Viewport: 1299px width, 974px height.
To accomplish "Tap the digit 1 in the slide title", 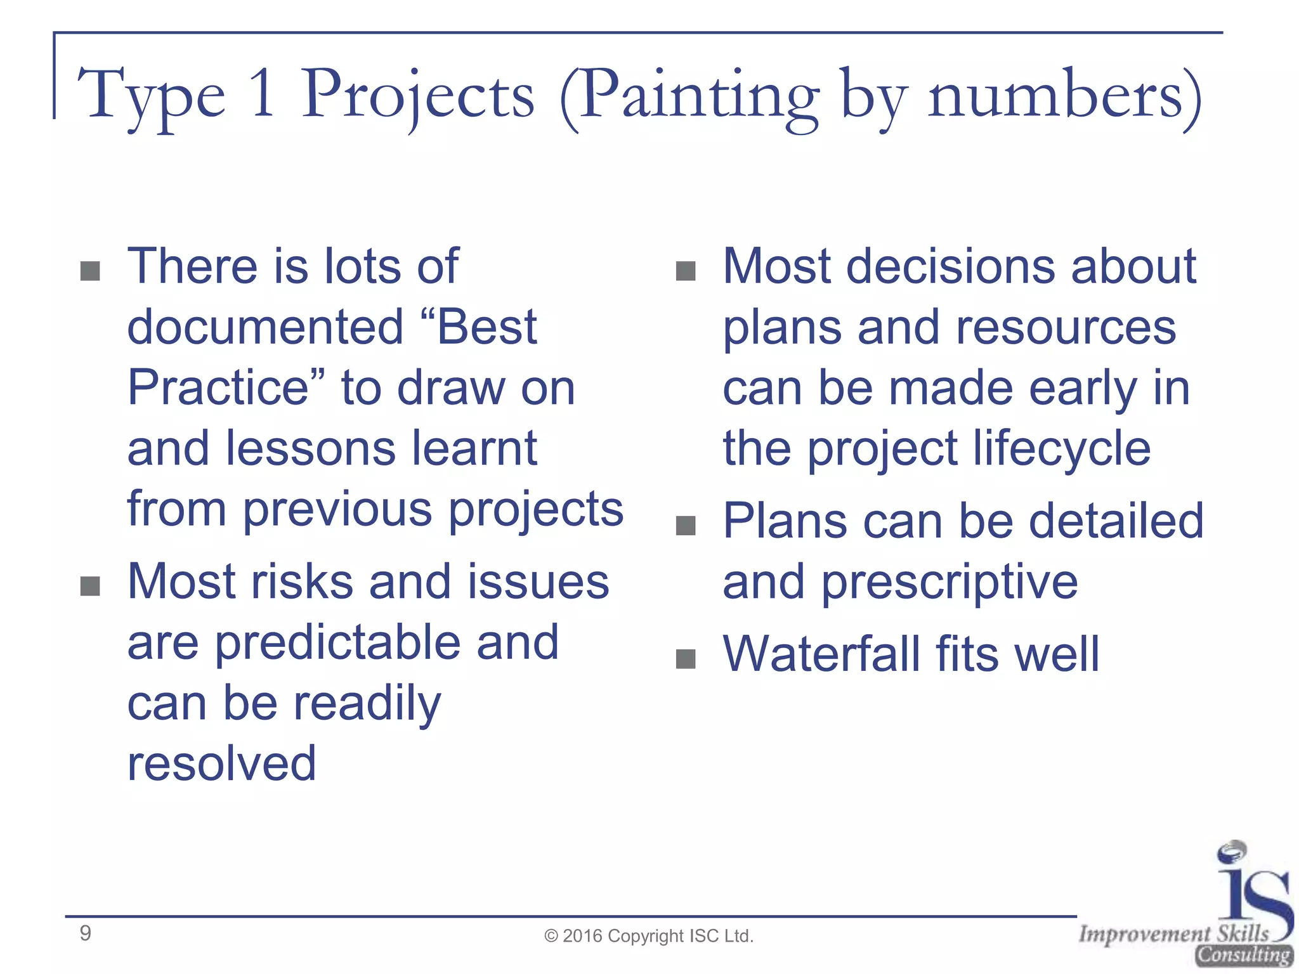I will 263,95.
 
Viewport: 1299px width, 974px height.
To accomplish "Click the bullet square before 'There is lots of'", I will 90,271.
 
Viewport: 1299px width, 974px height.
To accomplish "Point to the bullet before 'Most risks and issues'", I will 90,587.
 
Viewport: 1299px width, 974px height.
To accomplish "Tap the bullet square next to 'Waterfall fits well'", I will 686,659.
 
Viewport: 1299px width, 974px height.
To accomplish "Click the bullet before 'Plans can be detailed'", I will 686,526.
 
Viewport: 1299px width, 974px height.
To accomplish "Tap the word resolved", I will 221,763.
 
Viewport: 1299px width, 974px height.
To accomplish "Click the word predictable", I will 337,642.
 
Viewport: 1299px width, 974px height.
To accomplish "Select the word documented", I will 265,327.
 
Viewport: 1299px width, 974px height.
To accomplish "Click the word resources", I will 1066,328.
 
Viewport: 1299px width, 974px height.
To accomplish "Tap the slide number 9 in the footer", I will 86,933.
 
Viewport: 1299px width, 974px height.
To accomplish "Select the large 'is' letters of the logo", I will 1253,888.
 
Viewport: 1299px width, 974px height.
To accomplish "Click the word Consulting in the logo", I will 1244,954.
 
